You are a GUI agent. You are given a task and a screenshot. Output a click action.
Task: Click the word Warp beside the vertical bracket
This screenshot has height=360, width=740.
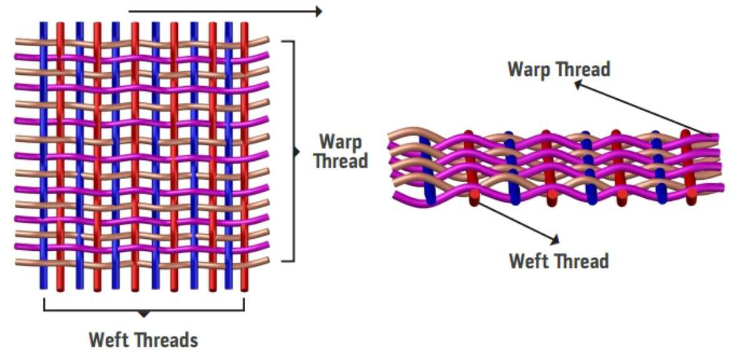[x=339, y=142]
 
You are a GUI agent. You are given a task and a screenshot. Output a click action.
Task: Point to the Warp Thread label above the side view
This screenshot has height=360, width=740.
[x=558, y=69]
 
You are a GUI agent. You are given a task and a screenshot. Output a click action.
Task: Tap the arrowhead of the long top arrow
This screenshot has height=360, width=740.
[x=318, y=11]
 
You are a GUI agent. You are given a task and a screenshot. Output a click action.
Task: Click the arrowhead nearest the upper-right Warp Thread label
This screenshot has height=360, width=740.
[x=578, y=84]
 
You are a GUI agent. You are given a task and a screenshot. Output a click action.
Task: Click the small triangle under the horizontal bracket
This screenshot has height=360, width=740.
[x=144, y=314]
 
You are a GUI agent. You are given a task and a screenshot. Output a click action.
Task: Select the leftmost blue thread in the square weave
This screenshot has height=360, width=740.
[x=43, y=156]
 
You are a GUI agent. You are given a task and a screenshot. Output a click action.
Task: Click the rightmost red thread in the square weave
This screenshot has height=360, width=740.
[x=245, y=156]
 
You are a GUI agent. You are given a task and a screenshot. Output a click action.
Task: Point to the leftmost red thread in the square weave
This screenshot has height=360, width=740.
[x=61, y=156]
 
